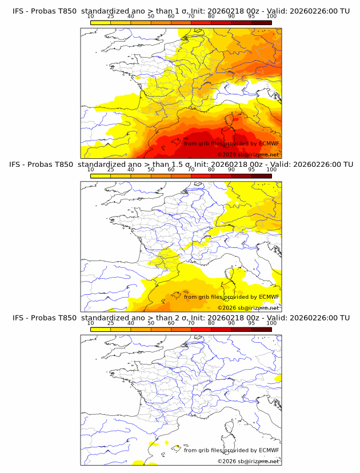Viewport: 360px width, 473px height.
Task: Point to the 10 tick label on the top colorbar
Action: coord(90,17)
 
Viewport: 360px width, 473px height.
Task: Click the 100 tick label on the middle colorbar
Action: coord(271,170)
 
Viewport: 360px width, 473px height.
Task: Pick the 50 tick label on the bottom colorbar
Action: coord(151,323)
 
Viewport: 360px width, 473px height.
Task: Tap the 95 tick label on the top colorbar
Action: coord(251,17)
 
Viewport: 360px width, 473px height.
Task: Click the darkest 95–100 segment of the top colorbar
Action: coord(261,22)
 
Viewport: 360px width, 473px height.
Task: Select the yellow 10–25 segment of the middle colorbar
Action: coord(100,175)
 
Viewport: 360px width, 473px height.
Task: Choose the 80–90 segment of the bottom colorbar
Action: coord(221,328)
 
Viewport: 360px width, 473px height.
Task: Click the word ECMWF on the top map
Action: coord(269,143)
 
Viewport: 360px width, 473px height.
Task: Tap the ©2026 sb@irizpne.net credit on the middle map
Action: coord(249,308)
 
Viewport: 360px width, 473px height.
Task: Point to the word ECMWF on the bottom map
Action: coord(269,450)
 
